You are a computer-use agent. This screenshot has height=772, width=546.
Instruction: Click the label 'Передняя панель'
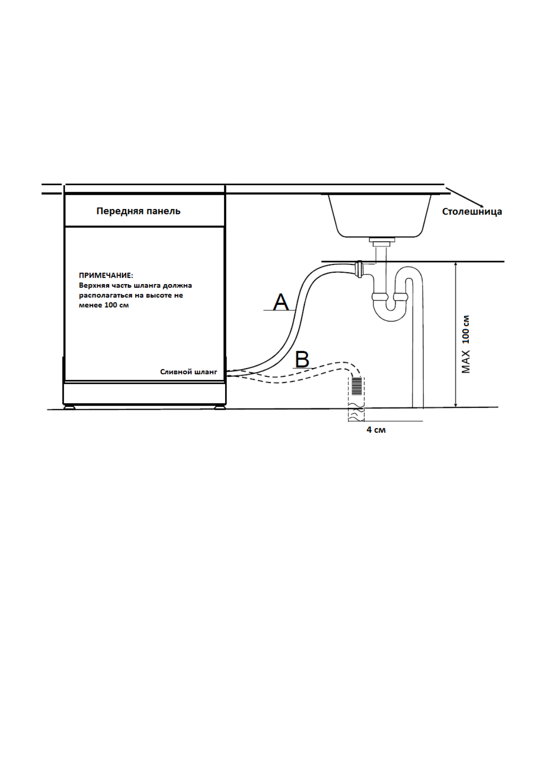coord(138,211)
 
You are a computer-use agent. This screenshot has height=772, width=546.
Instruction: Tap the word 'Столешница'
coord(472,212)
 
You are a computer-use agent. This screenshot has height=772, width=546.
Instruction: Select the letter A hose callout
coord(281,303)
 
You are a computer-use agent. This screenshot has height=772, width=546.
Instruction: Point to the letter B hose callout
coord(302,359)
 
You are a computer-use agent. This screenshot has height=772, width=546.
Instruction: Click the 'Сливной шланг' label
coord(188,372)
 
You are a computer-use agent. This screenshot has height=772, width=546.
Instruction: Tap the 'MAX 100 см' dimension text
coord(466,344)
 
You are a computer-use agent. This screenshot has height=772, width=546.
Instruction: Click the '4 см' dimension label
coord(376,430)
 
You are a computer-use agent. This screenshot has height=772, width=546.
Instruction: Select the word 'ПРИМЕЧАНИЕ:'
coord(106,275)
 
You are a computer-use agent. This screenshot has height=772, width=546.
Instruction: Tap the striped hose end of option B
coord(357,386)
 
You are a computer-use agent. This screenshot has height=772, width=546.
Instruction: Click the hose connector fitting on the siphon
coord(359,269)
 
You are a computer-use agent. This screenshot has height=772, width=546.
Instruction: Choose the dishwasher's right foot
coord(220,406)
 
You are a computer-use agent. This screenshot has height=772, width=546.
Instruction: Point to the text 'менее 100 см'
coord(104,305)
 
